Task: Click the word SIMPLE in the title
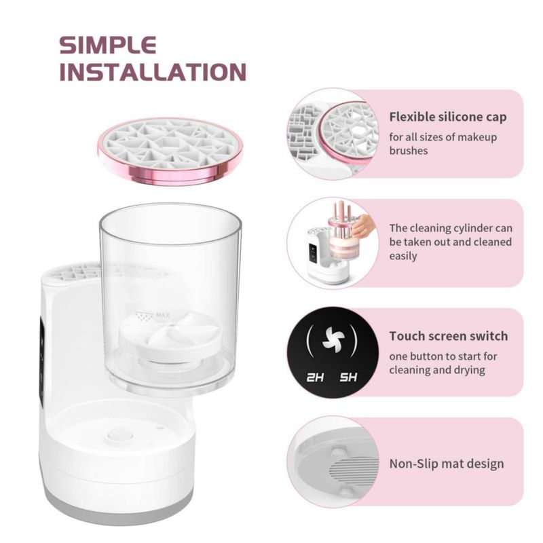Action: click(x=108, y=45)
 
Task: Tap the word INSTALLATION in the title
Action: click(x=153, y=72)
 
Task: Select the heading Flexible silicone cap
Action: click(x=448, y=117)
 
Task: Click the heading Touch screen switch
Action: click(x=449, y=336)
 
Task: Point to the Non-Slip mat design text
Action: click(x=447, y=464)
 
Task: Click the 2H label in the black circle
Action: click(x=315, y=377)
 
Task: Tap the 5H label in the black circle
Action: click(x=348, y=377)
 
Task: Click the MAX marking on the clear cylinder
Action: click(x=163, y=315)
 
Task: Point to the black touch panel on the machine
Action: click(x=41, y=360)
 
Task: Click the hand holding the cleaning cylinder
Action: click(x=364, y=226)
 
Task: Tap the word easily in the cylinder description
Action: click(x=402, y=256)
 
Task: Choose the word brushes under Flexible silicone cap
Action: click(x=409, y=151)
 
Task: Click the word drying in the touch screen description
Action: click(x=468, y=370)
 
